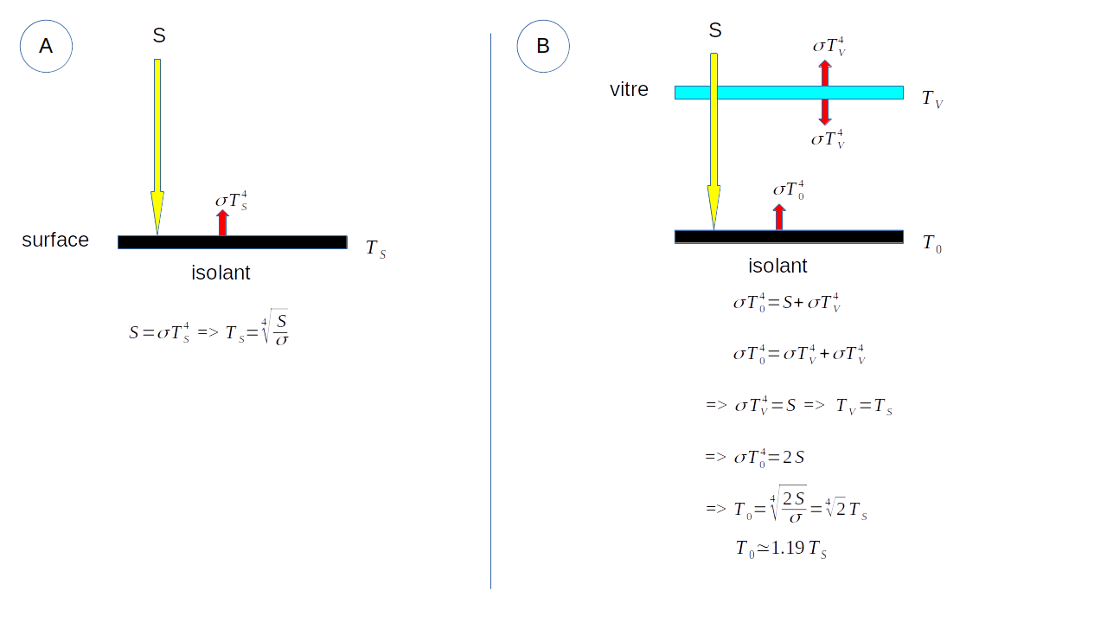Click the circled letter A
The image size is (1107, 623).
(x=46, y=46)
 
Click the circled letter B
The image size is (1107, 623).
(x=543, y=46)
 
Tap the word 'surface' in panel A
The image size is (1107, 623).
(x=55, y=241)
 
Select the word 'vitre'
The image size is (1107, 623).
(x=629, y=90)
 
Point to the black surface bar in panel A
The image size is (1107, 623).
(x=259, y=242)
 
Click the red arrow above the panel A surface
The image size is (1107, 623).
(x=222, y=222)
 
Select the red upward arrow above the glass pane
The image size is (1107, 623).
(x=825, y=73)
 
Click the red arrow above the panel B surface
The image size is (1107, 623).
(x=779, y=217)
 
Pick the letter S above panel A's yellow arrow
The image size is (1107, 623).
(x=159, y=35)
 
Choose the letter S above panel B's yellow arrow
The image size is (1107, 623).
(x=715, y=30)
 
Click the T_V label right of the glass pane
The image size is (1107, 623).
(x=931, y=100)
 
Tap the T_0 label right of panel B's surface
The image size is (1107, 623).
(x=931, y=244)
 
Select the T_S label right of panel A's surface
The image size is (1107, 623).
(x=375, y=249)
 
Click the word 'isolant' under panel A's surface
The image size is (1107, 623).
(x=221, y=273)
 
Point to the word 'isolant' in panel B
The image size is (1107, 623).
(x=777, y=266)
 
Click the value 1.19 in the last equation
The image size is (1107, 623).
(x=788, y=548)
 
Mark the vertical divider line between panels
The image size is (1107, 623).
(x=490, y=311)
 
